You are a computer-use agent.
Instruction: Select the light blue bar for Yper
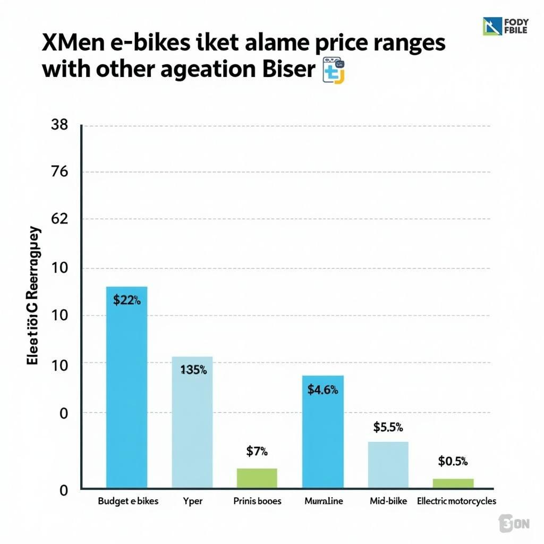click(x=192, y=422)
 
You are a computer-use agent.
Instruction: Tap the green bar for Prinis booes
click(x=257, y=478)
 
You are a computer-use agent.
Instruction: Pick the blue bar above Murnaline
click(x=322, y=431)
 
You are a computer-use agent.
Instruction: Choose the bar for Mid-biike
click(x=388, y=464)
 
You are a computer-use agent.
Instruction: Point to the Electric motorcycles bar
click(x=453, y=483)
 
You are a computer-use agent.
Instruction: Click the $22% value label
click(x=127, y=301)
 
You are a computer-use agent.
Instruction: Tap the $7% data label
click(x=257, y=452)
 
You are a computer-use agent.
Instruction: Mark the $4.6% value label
click(x=322, y=389)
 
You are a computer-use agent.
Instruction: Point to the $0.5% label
click(x=453, y=461)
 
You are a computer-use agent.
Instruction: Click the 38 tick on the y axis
click(x=59, y=125)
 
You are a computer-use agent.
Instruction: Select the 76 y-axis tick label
click(x=59, y=172)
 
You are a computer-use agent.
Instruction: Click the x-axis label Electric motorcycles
click(x=456, y=501)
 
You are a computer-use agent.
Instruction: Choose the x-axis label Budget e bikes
click(x=128, y=501)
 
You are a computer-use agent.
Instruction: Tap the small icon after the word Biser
click(x=334, y=72)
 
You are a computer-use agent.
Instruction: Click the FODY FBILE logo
click(x=505, y=26)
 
